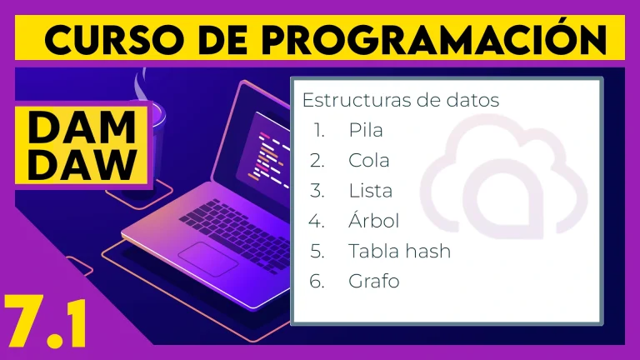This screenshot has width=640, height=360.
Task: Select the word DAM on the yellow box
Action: coord(82,127)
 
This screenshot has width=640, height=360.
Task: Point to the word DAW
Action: coord(82,164)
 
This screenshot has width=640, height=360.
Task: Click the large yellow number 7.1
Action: coord(45,322)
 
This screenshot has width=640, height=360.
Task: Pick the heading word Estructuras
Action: coord(351,100)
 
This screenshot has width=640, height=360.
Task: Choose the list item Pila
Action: coord(366,130)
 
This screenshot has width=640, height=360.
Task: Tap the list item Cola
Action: coord(369,160)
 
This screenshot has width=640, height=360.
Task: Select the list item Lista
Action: coord(370,191)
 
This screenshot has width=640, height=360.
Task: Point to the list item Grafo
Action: coord(374,281)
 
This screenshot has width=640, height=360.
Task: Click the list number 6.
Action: coord(317,281)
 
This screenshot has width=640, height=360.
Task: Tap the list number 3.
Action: coord(317,191)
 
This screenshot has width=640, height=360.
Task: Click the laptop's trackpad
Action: coord(208,259)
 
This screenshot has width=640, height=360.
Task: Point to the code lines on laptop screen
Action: coord(269,157)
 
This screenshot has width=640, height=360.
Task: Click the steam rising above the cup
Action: coord(141,84)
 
